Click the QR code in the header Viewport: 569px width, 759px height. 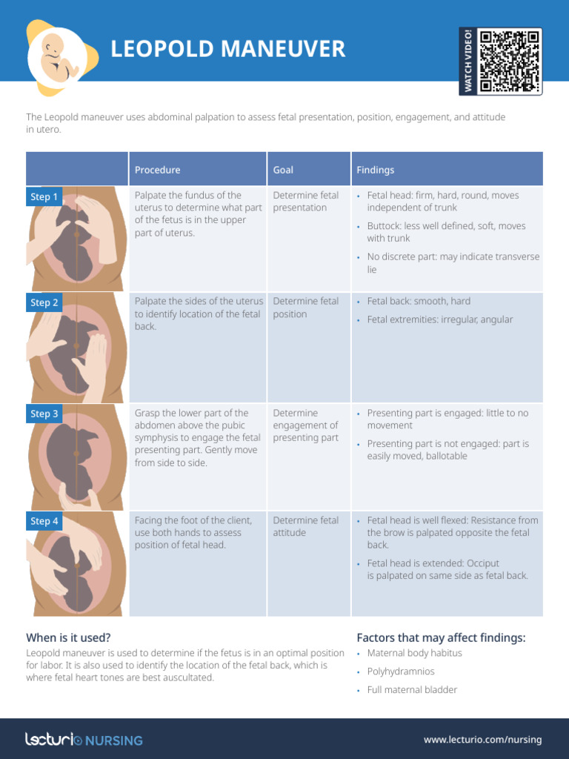click(x=510, y=61)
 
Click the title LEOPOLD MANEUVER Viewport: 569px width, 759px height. click(x=227, y=50)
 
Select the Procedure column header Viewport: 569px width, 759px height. click(x=157, y=170)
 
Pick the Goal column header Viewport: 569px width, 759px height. click(x=283, y=170)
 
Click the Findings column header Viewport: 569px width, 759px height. click(x=375, y=170)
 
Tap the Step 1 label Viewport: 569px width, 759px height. click(x=44, y=196)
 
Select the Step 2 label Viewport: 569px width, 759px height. click(x=44, y=302)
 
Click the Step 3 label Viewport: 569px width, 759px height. click(x=44, y=414)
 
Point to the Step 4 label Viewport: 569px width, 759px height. click(x=44, y=521)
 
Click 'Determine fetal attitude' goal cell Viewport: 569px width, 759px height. click(x=305, y=526)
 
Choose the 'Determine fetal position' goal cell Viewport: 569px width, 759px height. click(x=305, y=308)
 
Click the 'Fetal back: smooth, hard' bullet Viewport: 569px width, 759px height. click(x=418, y=302)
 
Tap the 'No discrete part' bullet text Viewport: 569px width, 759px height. click(x=453, y=263)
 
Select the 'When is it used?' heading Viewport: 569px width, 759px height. click(x=69, y=637)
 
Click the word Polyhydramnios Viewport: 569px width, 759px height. click(x=401, y=672)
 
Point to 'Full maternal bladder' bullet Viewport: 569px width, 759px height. click(x=412, y=690)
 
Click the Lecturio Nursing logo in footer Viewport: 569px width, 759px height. click(x=84, y=739)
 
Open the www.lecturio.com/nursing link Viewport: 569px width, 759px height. click(x=482, y=740)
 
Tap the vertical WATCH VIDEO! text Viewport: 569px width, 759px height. click(x=467, y=61)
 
